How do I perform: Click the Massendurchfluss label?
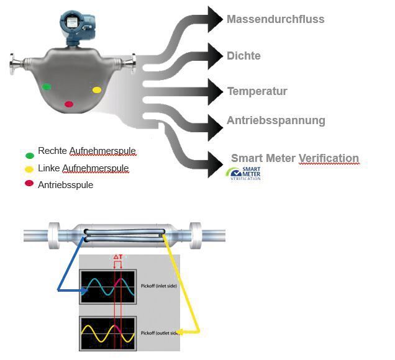tap(275, 19)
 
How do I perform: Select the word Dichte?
tap(243, 56)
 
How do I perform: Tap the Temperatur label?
tap(257, 91)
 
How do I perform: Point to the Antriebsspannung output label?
tap(276, 120)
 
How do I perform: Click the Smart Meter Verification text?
tap(295, 158)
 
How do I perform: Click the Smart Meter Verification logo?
tap(243, 174)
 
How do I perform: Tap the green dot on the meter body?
tap(46, 87)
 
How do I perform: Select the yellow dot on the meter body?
tap(97, 90)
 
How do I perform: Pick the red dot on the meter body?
tap(69, 104)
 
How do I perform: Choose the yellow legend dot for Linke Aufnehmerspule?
tap(30, 169)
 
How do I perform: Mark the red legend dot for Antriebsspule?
tap(30, 183)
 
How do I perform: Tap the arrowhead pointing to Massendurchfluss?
tap(215, 19)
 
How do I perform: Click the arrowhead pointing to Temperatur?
tap(215, 92)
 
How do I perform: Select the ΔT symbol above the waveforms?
tap(117, 256)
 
